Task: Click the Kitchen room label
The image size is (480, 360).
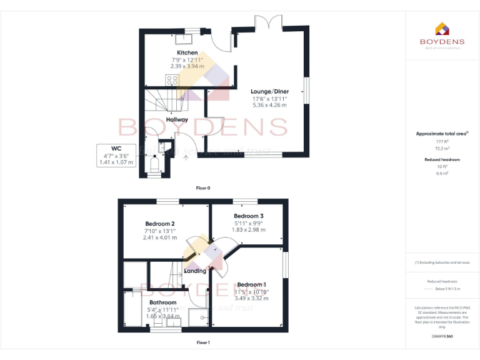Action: [x=187, y=52]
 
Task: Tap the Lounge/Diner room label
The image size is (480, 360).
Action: [x=270, y=91]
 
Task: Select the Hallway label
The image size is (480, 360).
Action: [x=177, y=119]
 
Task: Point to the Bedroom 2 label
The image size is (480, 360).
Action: [x=159, y=224]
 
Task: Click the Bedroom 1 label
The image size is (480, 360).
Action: [x=251, y=284]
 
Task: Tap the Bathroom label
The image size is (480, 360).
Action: [x=162, y=302]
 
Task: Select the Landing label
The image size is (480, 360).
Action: [x=195, y=271]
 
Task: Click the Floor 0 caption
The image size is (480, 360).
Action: [x=203, y=187]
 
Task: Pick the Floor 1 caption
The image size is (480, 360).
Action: [x=203, y=342]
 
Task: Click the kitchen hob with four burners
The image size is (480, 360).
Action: [x=172, y=80]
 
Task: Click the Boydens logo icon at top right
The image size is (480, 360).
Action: [x=442, y=29]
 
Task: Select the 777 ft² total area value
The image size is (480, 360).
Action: [x=442, y=142]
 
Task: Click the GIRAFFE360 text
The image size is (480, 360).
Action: [x=442, y=336]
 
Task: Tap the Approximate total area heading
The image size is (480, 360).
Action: [x=442, y=134]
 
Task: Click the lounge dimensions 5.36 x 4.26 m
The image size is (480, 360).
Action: [x=270, y=105]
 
